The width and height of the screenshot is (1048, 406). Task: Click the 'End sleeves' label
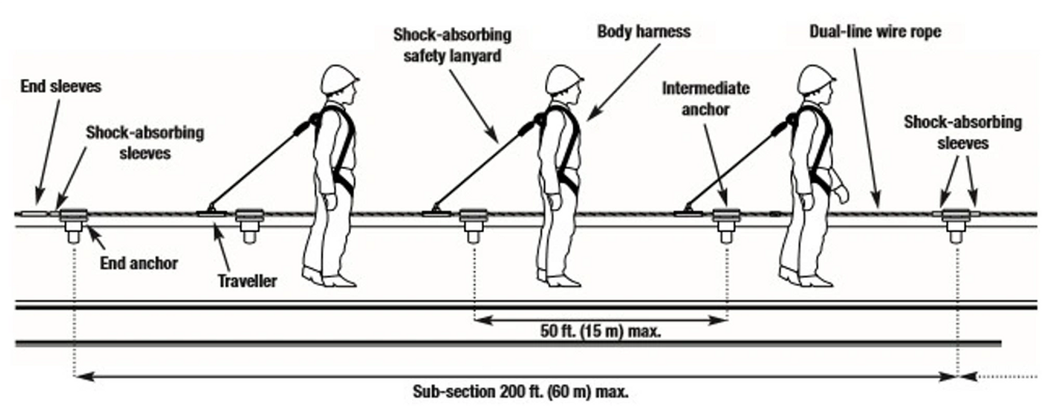(61, 86)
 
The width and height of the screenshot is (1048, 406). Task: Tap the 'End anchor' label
(139, 263)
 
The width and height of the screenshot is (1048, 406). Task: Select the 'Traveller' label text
(247, 280)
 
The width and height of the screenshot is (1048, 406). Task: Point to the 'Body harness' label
(643, 31)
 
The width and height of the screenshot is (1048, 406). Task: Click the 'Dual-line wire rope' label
(875, 31)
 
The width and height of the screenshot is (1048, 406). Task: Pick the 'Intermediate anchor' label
(705, 99)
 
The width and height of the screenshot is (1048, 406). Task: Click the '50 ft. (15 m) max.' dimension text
(600, 331)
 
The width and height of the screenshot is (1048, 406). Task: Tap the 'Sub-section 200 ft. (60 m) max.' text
(520, 392)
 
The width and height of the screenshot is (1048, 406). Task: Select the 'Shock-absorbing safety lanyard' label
(452, 45)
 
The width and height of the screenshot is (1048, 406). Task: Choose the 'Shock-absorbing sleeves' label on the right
(962, 132)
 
